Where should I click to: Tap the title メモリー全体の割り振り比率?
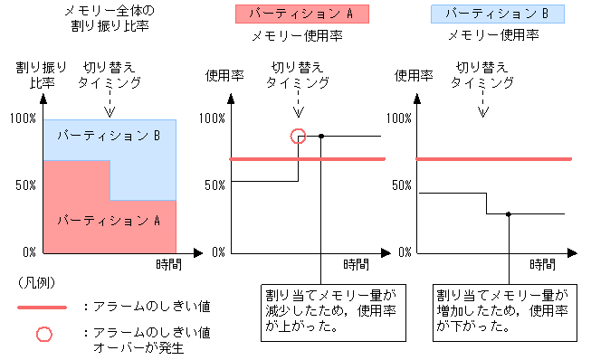click(110, 18)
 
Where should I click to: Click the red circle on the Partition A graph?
click(299, 136)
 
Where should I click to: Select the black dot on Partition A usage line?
click(321, 136)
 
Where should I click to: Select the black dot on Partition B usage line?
click(509, 214)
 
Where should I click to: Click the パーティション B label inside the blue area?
click(109, 136)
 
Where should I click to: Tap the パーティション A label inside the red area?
click(109, 220)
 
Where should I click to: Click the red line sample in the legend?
click(42, 308)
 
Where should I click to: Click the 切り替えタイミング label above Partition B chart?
click(482, 74)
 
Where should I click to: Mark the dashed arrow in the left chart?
click(110, 104)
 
